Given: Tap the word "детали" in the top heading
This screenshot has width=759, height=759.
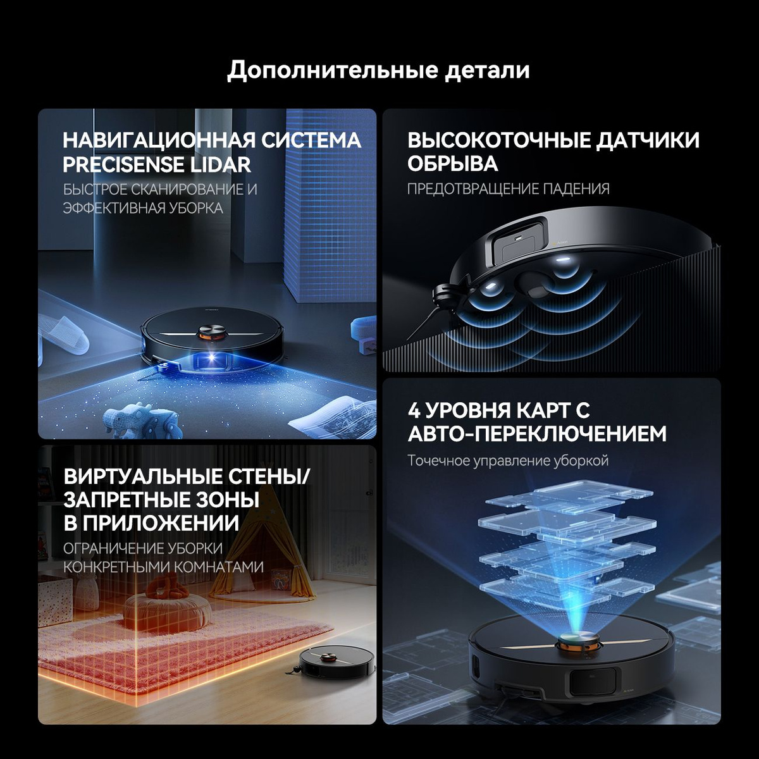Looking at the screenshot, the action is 487,70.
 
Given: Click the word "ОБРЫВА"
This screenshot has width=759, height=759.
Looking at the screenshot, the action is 453,164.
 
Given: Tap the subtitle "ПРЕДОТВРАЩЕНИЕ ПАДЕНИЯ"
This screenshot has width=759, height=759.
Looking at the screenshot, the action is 508,189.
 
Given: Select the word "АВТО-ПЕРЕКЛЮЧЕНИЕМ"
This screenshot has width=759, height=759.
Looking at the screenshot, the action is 537,434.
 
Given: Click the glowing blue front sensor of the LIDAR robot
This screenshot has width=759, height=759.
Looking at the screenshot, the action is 211,357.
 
